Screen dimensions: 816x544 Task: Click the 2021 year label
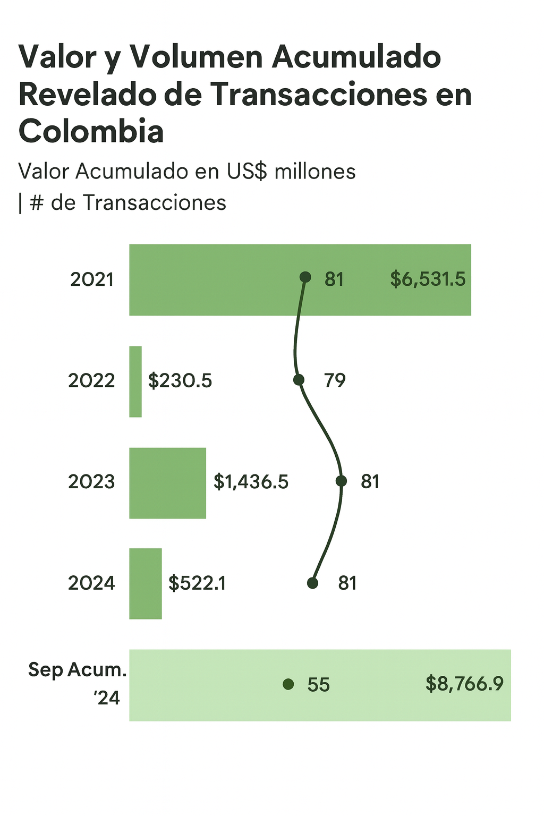coord(92,279)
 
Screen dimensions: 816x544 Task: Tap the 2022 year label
coord(91,381)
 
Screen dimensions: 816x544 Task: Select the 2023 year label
coord(91,482)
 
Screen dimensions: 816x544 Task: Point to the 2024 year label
coord(91,583)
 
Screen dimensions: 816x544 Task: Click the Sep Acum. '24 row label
coord(78,683)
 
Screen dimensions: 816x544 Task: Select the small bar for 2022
coord(135,381)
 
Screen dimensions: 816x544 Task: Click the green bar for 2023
coord(167,483)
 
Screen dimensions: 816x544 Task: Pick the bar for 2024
coord(145,583)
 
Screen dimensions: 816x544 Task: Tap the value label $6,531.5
coord(428,279)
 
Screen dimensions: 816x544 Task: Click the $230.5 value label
coord(180,381)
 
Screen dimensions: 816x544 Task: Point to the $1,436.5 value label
coord(251,482)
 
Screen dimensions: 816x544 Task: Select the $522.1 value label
coord(197,583)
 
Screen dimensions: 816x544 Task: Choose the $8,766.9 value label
coord(464,684)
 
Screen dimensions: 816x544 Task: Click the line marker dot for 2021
coord(305,277)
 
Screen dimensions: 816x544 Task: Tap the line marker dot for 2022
coord(299,380)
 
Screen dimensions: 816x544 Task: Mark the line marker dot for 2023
coord(342,481)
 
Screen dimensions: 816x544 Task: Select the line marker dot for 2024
coord(312,583)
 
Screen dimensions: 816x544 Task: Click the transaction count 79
coord(335,381)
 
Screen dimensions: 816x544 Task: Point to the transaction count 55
coord(318,685)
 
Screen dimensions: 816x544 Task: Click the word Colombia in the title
coord(91,131)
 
